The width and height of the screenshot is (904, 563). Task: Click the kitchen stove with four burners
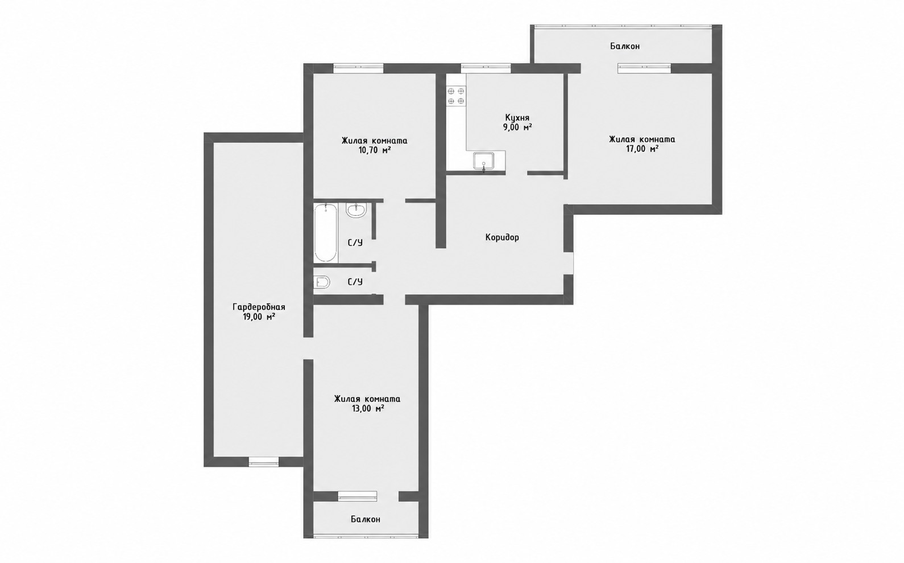[456, 96]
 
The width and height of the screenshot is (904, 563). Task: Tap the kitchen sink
[484, 161]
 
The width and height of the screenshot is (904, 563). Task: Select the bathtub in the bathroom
[326, 233]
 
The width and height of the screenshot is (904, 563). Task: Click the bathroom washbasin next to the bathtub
[356, 210]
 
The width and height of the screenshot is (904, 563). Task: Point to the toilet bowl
[322, 282]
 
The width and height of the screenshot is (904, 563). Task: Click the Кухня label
[517, 118]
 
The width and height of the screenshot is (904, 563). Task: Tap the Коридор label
[502, 237]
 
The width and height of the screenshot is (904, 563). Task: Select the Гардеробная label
[259, 307]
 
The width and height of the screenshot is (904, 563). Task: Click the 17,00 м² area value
[642, 149]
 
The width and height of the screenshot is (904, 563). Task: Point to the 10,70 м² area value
[374, 151]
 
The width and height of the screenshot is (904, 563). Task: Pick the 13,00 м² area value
[367, 409]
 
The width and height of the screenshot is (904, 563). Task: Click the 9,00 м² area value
[517, 128]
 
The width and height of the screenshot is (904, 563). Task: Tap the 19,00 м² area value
[259, 317]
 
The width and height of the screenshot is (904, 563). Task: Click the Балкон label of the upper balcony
[625, 47]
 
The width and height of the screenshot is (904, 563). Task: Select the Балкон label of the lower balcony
[366, 519]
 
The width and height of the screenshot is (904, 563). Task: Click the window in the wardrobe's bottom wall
[264, 462]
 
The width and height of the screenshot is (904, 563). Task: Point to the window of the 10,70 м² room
[358, 68]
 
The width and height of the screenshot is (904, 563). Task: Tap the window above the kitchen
[486, 68]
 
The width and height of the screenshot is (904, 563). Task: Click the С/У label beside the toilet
[355, 282]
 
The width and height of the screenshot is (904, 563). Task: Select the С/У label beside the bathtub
[355, 243]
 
